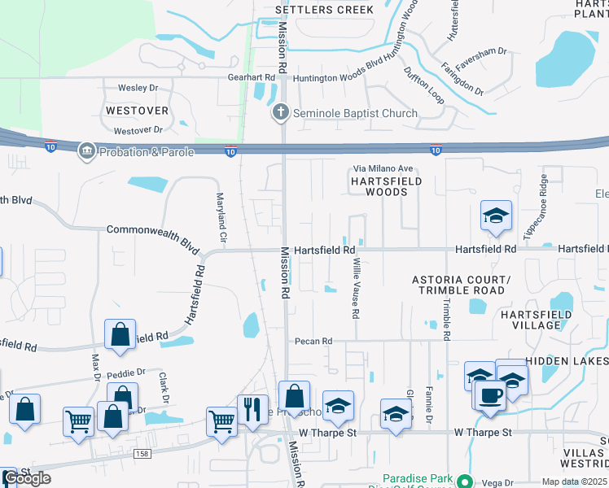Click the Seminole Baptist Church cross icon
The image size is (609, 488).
(281, 113)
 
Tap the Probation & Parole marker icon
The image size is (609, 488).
(85, 150)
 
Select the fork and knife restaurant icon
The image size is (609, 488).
(253, 408)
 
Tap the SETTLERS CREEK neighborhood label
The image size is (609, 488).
(324, 10)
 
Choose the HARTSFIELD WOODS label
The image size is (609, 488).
(387, 186)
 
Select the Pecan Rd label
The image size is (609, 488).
(314, 341)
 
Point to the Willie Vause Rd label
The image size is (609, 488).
(356, 289)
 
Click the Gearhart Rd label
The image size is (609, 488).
(252, 78)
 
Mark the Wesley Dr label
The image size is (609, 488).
(137, 88)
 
